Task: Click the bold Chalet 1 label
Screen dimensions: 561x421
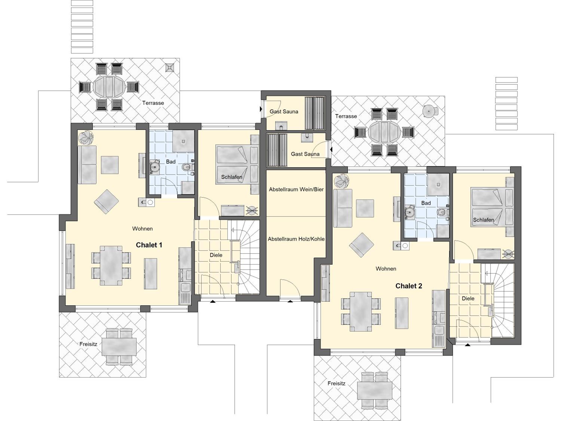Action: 149,245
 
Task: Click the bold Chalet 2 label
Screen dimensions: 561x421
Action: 409,286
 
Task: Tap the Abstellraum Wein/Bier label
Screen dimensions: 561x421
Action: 296,189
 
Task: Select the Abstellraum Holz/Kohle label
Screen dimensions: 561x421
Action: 296,239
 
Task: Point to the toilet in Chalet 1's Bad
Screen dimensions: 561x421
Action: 186,167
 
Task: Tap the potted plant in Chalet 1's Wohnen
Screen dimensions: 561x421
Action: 86,137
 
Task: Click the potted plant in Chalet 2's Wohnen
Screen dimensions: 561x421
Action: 341,181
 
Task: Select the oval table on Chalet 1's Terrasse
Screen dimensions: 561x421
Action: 109,87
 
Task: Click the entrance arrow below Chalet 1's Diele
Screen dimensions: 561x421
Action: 213,301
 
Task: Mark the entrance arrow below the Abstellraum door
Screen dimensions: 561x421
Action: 290,301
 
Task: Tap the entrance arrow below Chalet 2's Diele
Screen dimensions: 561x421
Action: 468,345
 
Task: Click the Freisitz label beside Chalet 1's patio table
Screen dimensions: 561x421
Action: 88,344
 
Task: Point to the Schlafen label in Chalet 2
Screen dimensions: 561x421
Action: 483,220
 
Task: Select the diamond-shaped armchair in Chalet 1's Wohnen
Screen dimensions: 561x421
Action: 106,202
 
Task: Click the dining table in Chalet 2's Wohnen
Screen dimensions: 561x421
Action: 361,312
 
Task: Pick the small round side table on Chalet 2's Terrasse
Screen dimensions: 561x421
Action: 428,111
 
